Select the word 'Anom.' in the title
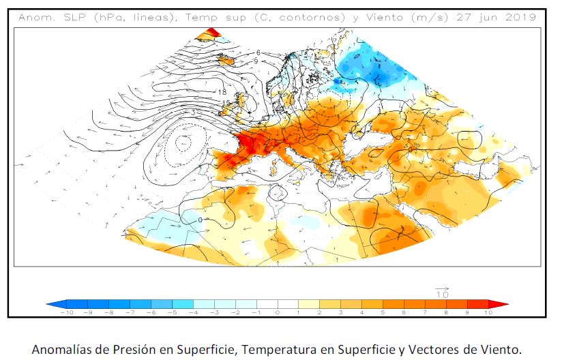click(35, 17)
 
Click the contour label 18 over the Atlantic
click(222, 92)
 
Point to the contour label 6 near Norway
click(258, 52)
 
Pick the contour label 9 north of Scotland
click(255, 61)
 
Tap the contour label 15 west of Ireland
click(225, 104)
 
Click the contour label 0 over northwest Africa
click(200, 220)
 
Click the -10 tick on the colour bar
click(67, 312)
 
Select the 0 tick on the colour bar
click(278, 312)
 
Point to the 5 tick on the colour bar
click(383, 312)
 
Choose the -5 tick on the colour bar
click(173, 312)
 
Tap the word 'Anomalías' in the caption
click(59, 349)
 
